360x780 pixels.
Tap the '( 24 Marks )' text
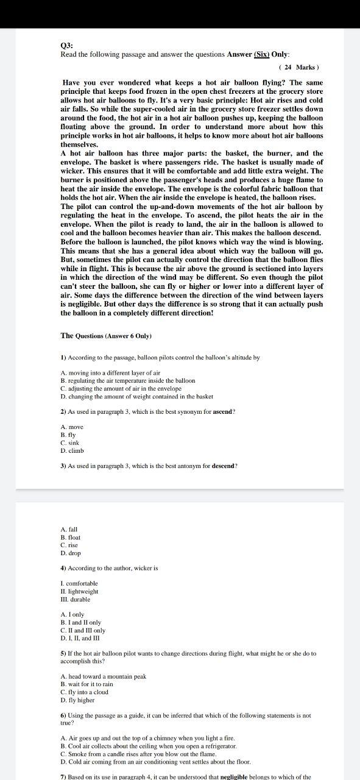point(298,67)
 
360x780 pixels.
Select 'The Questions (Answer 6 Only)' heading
point(106,336)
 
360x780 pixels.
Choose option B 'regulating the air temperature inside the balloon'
point(128,380)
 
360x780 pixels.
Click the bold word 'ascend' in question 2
point(223,411)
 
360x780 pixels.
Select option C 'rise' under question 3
point(69,545)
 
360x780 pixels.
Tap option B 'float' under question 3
point(70,537)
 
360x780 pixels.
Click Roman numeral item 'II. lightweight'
point(79,591)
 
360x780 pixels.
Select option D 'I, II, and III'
point(80,638)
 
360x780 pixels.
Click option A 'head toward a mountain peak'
point(104,676)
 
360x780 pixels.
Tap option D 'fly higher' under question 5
point(77,700)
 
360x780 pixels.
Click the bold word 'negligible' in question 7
point(241,777)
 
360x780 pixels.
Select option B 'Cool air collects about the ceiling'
point(149,746)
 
